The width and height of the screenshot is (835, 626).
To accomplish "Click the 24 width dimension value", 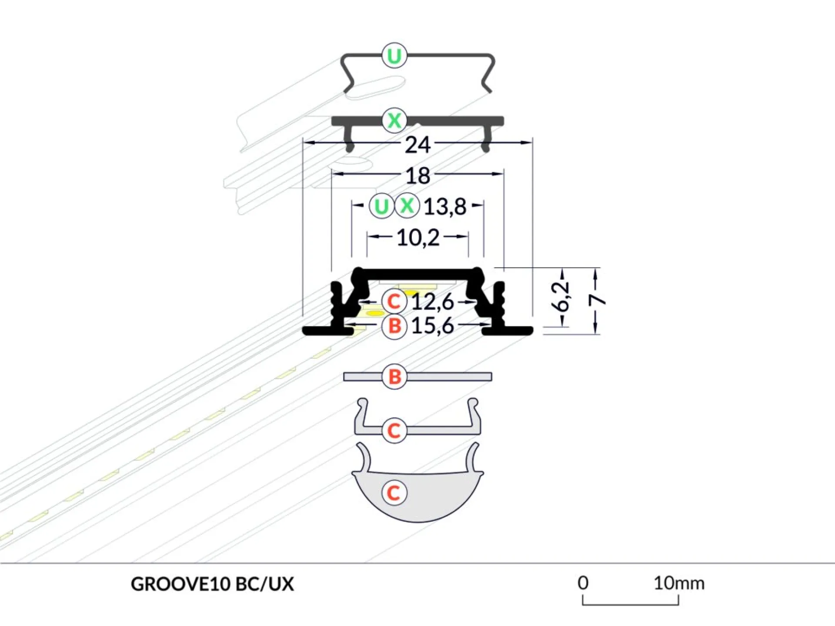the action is (417, 145).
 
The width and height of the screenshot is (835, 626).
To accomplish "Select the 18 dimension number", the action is (418, 176).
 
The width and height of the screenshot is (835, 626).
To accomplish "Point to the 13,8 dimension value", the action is (445, 207).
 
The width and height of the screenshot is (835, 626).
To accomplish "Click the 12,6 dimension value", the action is (433, 302).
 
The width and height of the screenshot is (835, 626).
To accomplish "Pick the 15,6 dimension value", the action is (433, 326).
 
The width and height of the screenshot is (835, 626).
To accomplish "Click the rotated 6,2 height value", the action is (560, 296).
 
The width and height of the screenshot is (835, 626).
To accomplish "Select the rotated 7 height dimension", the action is (597, 300).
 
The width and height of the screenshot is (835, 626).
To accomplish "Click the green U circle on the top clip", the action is (394, 56).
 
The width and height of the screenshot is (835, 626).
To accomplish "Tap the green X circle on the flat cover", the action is (394, 120).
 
